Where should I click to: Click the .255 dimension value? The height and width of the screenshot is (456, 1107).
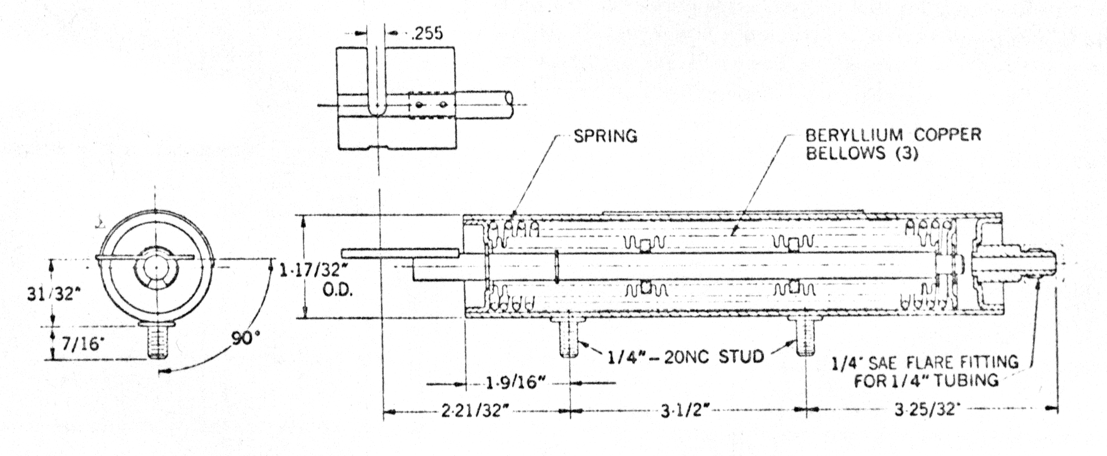[426, 33]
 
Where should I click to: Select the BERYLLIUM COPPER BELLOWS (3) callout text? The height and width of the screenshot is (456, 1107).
[894, 144]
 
